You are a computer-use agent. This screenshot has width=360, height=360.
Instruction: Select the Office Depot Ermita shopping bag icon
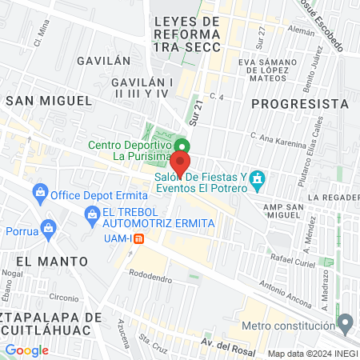pyautogui.click(x=39, y=193)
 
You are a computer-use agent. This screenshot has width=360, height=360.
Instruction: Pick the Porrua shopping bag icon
pyautogui.click(x=49, y=228)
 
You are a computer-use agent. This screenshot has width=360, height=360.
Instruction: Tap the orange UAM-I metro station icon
pyautogui.click(x=138, y=238)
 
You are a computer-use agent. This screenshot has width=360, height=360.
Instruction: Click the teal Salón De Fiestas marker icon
pyautogui.click(x=257, y=178)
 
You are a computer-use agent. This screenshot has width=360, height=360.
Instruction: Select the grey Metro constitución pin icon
pyautogui.click(x=345, y=325)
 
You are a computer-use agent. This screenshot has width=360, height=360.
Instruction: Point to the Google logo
pyautogui.click(x=26, y=350)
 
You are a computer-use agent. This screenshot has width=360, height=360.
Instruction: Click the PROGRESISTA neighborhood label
pyautogui.click(x=300, y=104)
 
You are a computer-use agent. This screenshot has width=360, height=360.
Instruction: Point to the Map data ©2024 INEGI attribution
pyautogui.click(x=312, y=353)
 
